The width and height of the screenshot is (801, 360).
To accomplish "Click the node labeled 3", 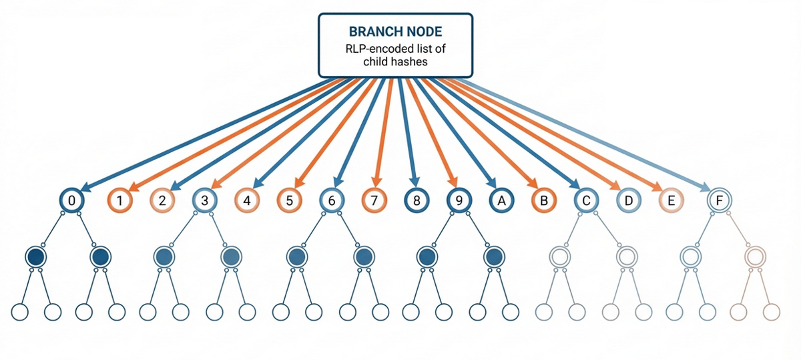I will point(205,200).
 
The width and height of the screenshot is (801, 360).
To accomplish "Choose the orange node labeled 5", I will point(288,200).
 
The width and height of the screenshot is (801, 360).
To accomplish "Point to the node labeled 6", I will point(331,200).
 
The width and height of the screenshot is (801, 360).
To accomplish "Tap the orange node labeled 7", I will point(374,200).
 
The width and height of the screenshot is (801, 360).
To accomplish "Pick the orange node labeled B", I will point(543,200).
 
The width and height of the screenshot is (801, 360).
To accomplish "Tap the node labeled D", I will point(627,200).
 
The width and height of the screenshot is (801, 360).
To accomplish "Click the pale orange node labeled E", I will point(671,200).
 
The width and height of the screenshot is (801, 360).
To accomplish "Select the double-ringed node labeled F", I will point(719,200).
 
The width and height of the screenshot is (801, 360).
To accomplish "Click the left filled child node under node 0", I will point(35,256).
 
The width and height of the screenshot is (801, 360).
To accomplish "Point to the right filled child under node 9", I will point(493,256).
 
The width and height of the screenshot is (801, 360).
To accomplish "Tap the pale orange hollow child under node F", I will point(755,256).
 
